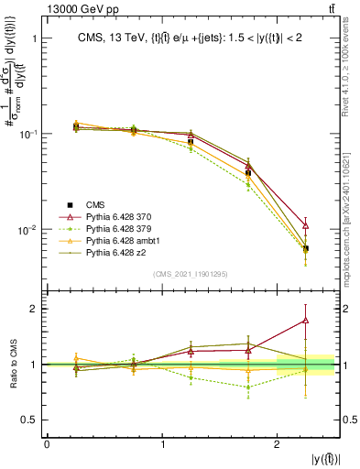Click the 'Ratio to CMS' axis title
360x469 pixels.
12,364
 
